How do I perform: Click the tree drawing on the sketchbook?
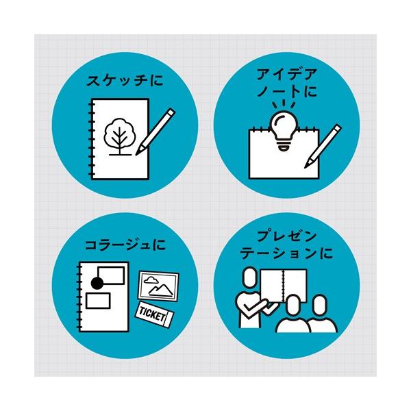pos(119,136)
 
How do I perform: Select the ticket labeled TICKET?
pos(154,314)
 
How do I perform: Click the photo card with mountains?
pos(159,286)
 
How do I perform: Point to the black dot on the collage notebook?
pos(97,283)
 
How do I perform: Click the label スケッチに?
pos(125,80)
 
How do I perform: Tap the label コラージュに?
pos(125,245)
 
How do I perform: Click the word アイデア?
pos(286,74)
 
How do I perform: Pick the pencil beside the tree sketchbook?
pos(155,132)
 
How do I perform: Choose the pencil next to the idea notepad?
pos(323,147)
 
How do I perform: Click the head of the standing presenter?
pos(249,277)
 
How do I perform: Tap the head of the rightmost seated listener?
pos(320,306)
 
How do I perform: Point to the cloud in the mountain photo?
pos(151,280)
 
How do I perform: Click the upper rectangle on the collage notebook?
pos(111,275)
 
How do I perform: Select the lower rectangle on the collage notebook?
pos(98,301)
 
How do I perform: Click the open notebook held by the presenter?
pos(284,286)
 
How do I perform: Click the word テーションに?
pos(286,253)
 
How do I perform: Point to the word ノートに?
pos(287,92)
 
